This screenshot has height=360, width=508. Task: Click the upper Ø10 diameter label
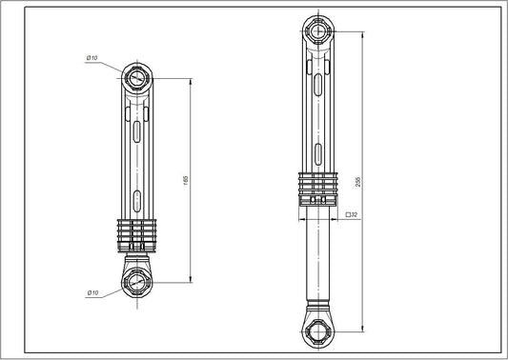pyautogui.click(x=91, y=59)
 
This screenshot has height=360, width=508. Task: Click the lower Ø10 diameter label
pyautogui.click(x=92, y=292)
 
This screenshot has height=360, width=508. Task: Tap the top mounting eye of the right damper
pyautogui.click(x=317, y=30)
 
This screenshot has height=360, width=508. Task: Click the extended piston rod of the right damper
pyautogui.click(x=317, y=257)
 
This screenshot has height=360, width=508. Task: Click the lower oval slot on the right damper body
pyautogui.click(x=317, y=151)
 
